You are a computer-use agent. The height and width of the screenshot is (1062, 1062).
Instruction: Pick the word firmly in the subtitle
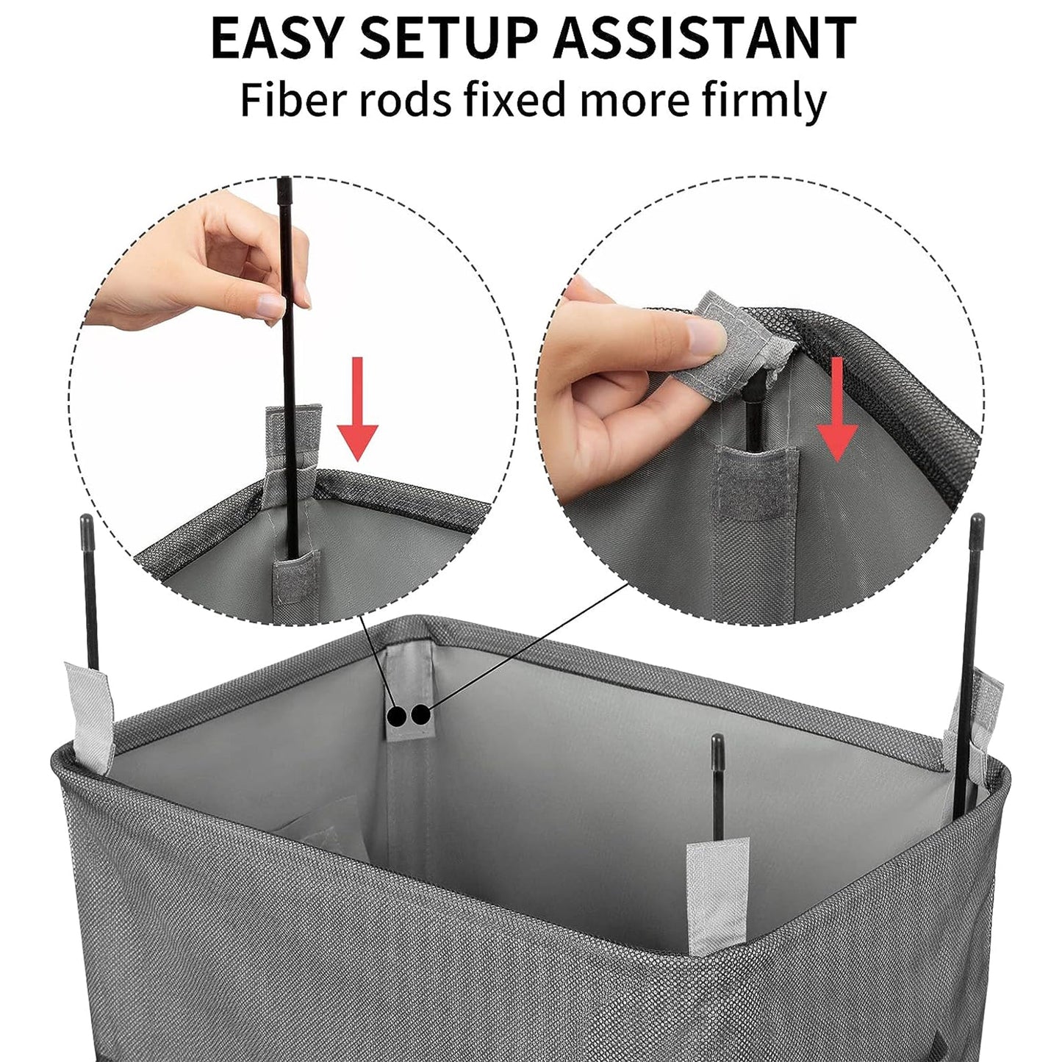click(x=764, y=101)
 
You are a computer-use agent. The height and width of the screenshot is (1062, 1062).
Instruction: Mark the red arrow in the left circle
click(x=357, y=409)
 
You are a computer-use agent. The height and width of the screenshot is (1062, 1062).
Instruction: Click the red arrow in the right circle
click(x=837, y=409)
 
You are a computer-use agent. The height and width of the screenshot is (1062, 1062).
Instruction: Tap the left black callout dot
click(x=397, y=714)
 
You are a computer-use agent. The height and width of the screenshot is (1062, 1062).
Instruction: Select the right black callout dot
click(x=420, y=714)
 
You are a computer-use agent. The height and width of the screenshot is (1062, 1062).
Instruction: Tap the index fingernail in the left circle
click(x=270, y=304)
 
